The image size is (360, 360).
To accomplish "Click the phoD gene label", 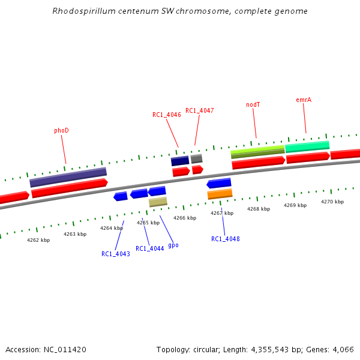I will pos(61,130).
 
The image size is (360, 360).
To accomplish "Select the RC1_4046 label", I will pos(166,115).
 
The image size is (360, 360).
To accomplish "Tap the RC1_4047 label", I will pos(199,110).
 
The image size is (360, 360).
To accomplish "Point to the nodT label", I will pos(253,104).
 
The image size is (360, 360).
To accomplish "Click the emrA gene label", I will pos(304,100).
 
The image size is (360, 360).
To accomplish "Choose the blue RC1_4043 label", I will pos(116,254).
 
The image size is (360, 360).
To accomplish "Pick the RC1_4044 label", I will pos(149,248).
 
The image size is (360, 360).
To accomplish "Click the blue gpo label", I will pos(173,245).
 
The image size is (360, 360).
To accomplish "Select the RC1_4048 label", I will pos(225,239).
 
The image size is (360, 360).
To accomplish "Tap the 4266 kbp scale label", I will pos(185,218).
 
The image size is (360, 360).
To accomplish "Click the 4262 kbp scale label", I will pos(38,240).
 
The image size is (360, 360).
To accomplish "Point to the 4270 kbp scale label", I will pos(332,202).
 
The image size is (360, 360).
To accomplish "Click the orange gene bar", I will pos(220,194).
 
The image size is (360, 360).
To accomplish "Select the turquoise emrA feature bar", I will pos(307,146).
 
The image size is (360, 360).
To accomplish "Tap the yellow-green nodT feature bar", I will pos(257,151).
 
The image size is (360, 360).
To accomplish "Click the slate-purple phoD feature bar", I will pos(68,177).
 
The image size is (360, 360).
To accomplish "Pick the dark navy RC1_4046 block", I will pos(180,161).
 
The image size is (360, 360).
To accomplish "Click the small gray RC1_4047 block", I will pos(196,159).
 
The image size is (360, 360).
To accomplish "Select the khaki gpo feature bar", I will pos(158,202).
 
